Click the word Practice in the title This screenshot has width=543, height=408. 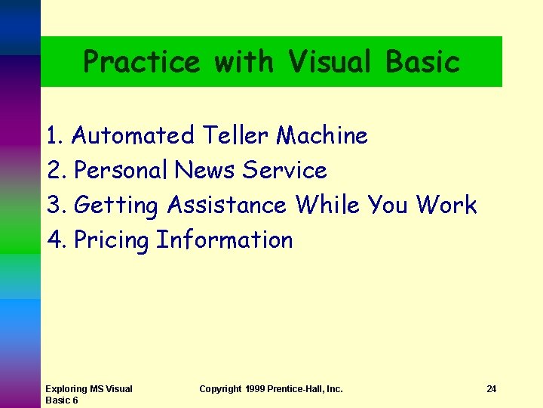coord(141,61)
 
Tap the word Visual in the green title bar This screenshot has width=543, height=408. coord(329,61)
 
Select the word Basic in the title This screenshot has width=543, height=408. coord(422,61)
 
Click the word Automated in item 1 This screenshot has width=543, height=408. coord(133,136)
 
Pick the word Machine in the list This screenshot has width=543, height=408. coord(322,136)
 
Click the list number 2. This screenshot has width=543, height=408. coord(56,171)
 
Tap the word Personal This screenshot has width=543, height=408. coord(121,171)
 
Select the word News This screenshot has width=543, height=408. coord(205,171)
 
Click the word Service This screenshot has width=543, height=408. coord(284,171)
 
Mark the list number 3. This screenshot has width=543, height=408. coord(56,206)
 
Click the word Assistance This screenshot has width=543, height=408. coord(226,206)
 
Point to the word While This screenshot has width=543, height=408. coord(327,206)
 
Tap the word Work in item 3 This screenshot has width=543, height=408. coord(446,206)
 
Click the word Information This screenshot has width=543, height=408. coord(224,240)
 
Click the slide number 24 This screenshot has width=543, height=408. coord(491,389)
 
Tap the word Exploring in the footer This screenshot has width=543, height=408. coord(66,389)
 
